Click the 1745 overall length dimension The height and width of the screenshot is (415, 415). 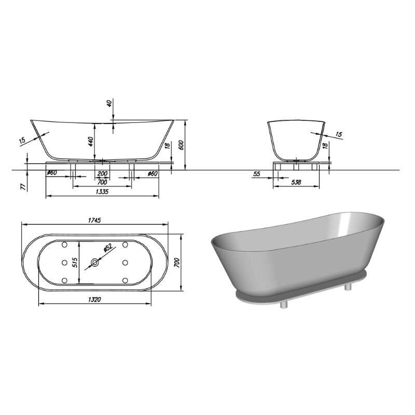[94, 220]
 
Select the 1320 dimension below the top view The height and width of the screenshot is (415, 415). [94, 300]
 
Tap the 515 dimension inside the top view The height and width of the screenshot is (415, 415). [75, 262]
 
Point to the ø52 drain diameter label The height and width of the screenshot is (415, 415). [108, 247]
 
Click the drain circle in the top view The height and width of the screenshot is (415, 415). [94, 262]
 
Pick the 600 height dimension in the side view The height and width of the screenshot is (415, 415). [181, 145]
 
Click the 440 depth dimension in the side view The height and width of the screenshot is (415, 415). [91, 142]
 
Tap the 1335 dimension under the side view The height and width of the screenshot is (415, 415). [102, 191]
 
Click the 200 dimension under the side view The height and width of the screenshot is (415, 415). [102, 174]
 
